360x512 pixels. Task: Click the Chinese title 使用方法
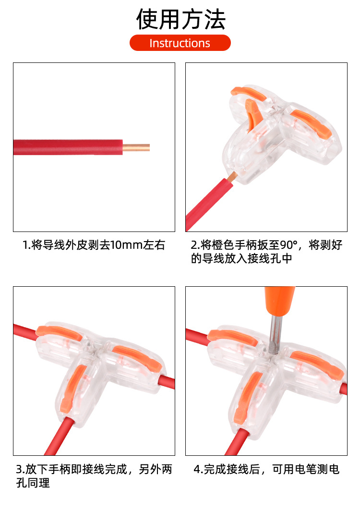click(x=180, y=19)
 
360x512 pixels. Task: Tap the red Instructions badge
click(x=180, y=43)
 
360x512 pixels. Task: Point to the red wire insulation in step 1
click(x=67, y=147)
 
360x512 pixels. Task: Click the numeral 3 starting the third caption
click(x=19, y=469)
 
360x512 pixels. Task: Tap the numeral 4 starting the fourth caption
click(x=197, y=469)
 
